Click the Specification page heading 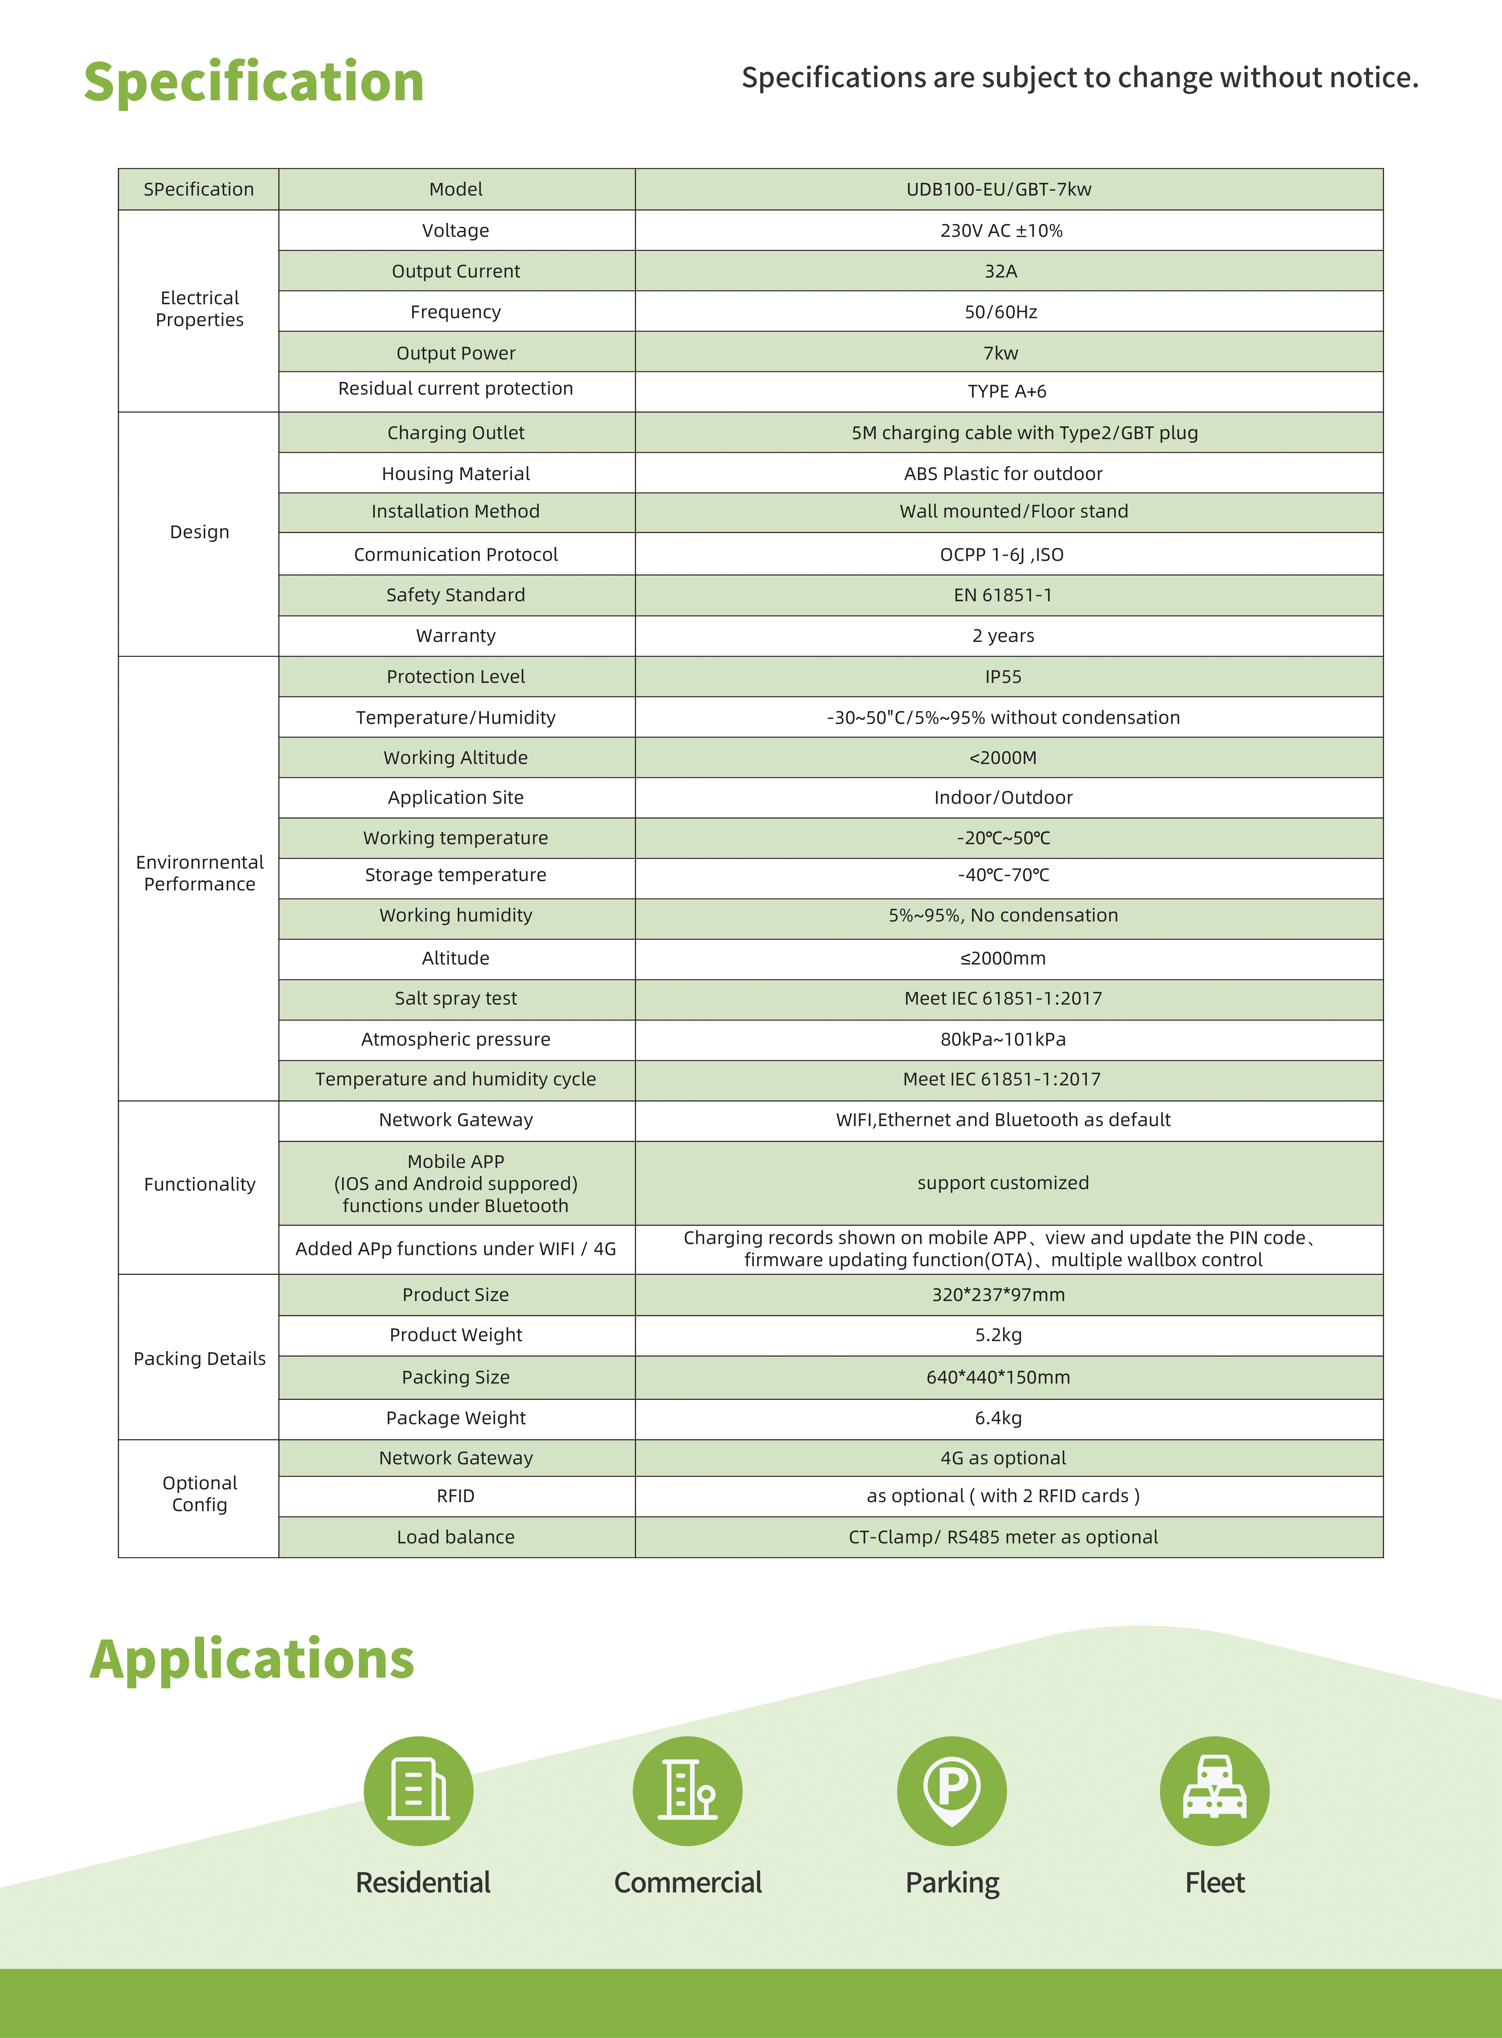pos(254,82)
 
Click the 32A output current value pos(1000,271)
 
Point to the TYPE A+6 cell pos(1006,391)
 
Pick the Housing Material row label pos(456,474)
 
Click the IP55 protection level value pos(1003,676)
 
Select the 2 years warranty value pos(1003,635)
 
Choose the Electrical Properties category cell pos(199,309)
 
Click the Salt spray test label pos(456,998)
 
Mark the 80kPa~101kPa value pos(1003,1039)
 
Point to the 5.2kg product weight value pos(998,1334)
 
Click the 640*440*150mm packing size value pos(998,1377)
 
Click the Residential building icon pos(418,1791)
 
